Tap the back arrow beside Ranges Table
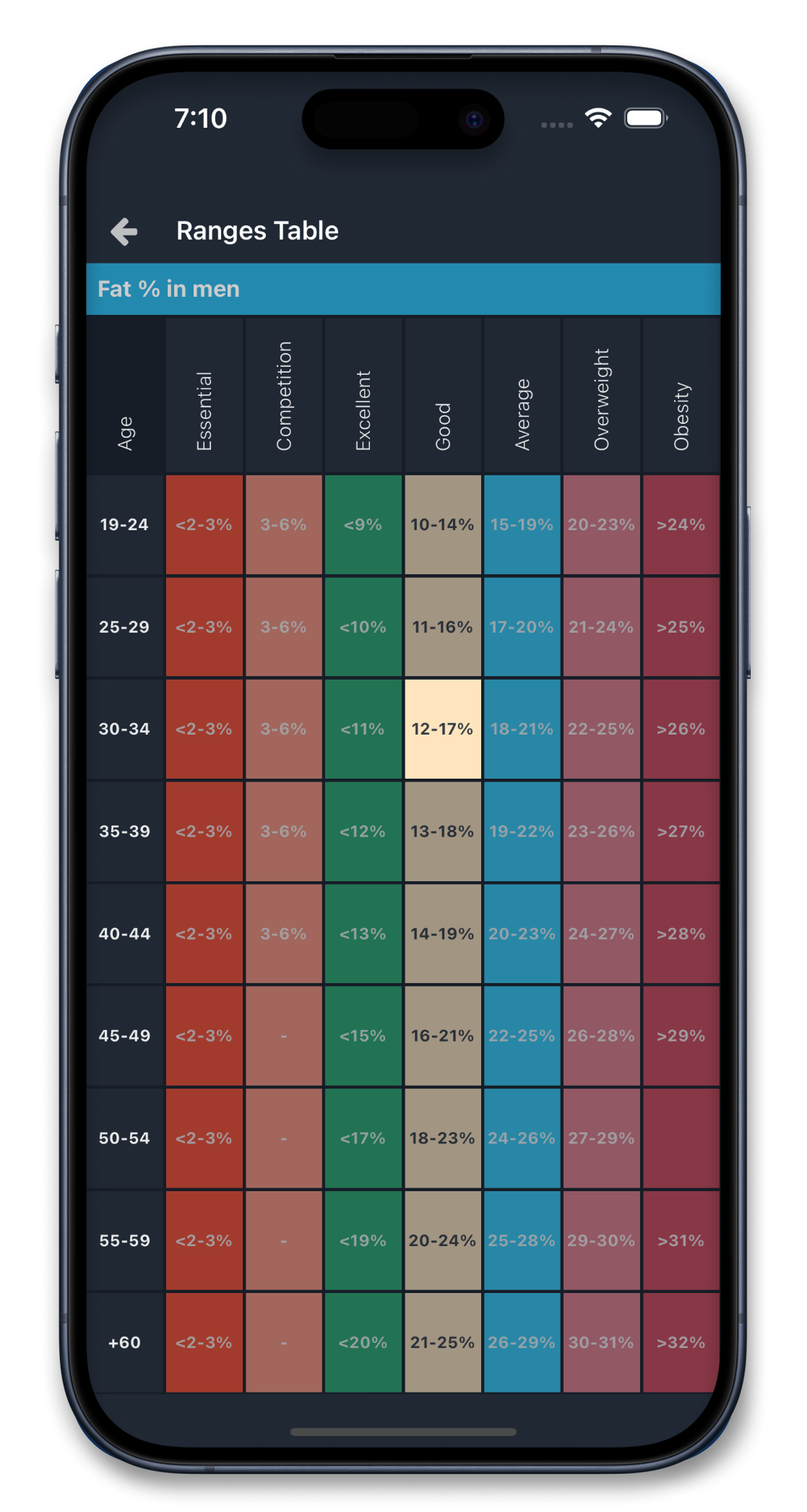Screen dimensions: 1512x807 (124, 232)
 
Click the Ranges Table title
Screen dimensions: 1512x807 (257, 231)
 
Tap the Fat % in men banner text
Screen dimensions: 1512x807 (168, 289)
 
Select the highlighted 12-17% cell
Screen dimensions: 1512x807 (442, 729)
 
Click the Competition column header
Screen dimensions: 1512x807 (284, 396)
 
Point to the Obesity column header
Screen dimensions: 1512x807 (681, 416)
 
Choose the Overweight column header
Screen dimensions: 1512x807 (602, 399)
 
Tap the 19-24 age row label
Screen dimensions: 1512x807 (124, 524)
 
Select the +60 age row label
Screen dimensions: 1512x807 (124, 1342)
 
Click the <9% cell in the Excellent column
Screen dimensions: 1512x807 (363, 524)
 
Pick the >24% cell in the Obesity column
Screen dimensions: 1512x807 (681, 524)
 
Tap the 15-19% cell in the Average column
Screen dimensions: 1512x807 (522, 524)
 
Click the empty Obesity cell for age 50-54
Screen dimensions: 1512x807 (681, 1138)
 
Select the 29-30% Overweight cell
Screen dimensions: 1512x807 (601, 1240)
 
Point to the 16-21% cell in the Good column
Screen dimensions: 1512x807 (442, 1036)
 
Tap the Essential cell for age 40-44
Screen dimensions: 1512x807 (204, 933)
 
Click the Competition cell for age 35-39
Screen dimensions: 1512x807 (283, 831)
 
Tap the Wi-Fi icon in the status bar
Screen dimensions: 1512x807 (598, 118)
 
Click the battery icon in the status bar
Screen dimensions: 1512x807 (645, 118)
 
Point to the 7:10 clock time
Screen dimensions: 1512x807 (201, 118)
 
